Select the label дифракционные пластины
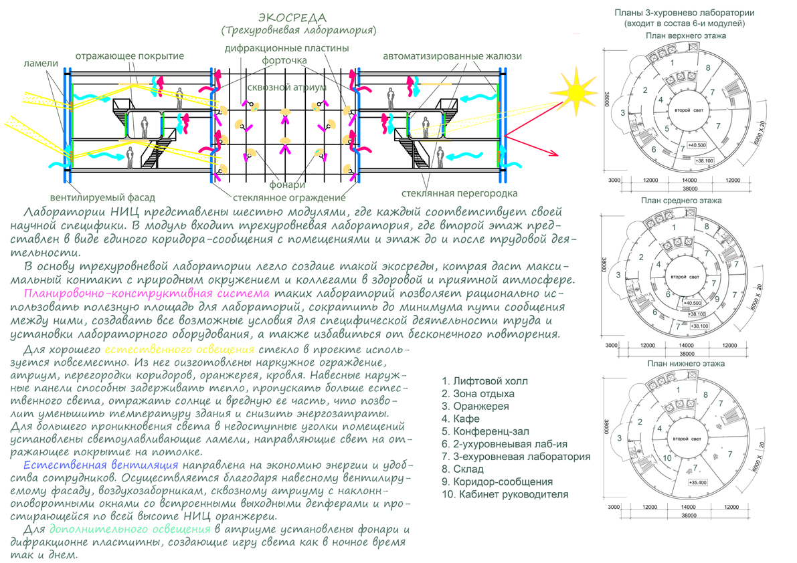(x=287, y=48)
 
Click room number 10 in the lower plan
(x=667, y=458)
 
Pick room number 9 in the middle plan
(x=717, y=300)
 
